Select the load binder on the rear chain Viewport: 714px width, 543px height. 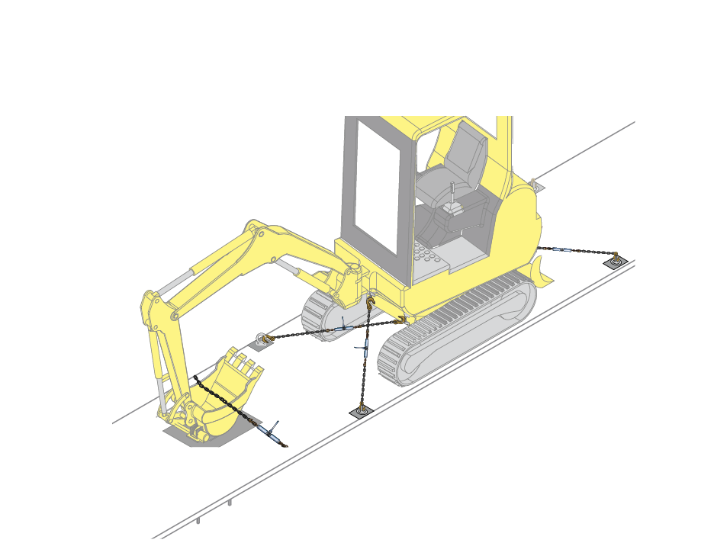click(560, 249)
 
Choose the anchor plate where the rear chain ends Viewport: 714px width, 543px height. click(617, 262)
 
